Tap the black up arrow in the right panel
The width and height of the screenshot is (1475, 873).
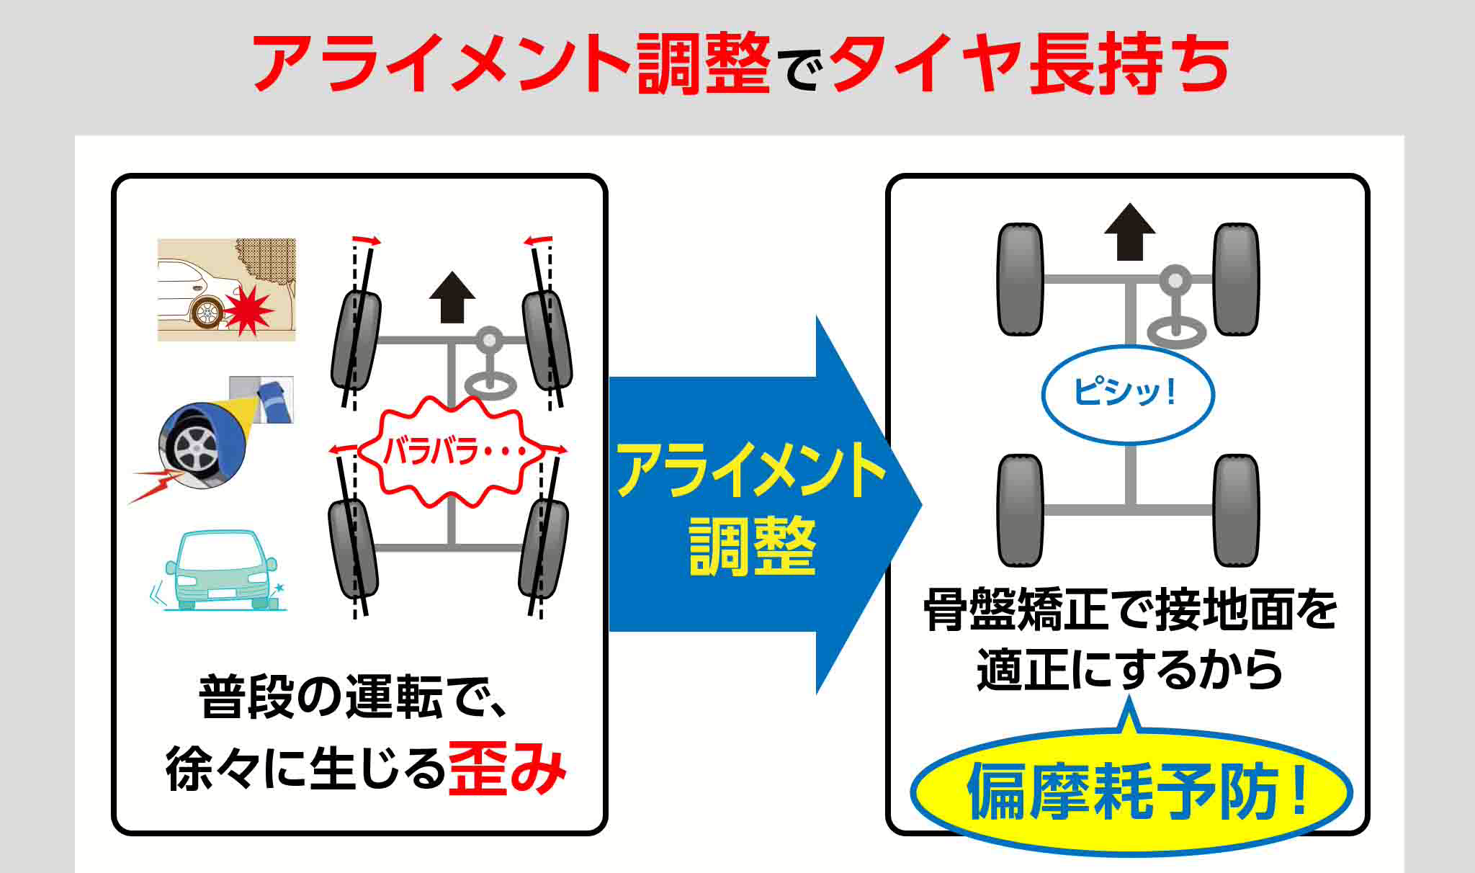coord(1129,232)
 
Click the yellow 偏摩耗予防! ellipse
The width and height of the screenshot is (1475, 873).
coord(1131,792)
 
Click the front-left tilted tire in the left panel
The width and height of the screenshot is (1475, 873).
coord(356,340)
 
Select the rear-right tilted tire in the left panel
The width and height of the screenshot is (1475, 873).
coord(544,547)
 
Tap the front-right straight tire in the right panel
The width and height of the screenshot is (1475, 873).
coord(1236,279)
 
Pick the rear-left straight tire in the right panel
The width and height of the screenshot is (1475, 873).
coord(1020,510)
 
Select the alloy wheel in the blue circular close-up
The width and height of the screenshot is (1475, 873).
coord(193,448)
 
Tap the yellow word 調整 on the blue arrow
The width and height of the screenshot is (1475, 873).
coord(752,545)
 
